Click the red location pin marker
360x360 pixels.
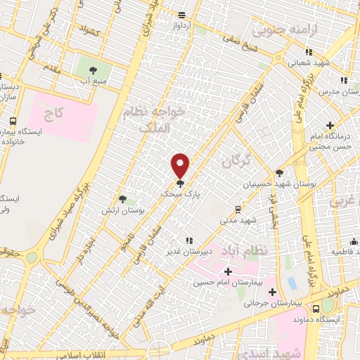click(x=180, y=166)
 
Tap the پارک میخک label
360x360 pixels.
click(x=175, y=192)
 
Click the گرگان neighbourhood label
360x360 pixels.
click(x=236, y=161)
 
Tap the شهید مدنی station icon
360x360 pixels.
click(x=238, y=209)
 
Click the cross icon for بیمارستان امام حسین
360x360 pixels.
click(x=227, y=271)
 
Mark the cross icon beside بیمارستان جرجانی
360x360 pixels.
click(x=271, y=291)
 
